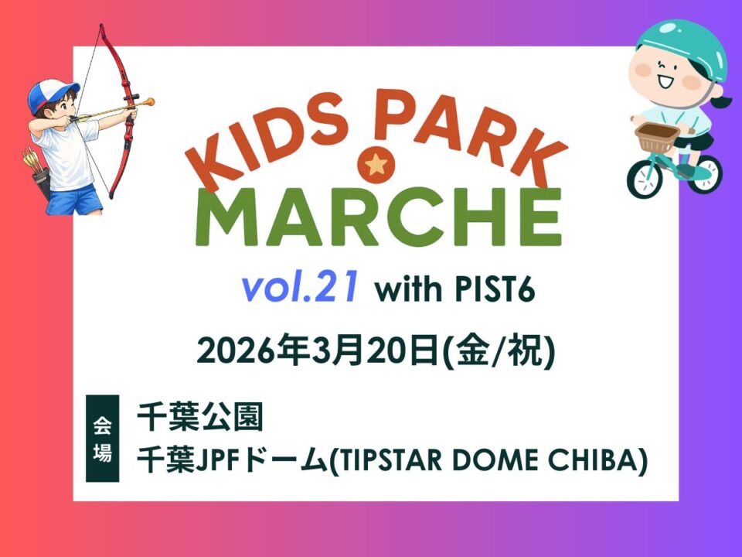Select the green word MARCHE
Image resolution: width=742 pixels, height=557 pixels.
[x=378, y=217]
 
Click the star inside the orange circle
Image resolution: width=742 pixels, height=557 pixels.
[x=376, y=164]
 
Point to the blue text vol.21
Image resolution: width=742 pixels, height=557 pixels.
[x=298, y=288]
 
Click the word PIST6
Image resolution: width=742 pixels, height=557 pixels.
[x=494, y=289]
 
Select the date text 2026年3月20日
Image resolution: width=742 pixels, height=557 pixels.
[x=318, y=351]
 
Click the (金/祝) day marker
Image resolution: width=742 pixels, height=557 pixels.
[x=497, y=351]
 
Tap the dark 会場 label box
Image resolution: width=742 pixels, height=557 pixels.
[x=102, y=438]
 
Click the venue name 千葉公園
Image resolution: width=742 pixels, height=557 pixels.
[x=199, y=417]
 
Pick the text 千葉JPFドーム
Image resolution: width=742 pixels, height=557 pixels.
[x=232, y=460]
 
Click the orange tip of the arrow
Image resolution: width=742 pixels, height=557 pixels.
[x=149, y=102]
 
